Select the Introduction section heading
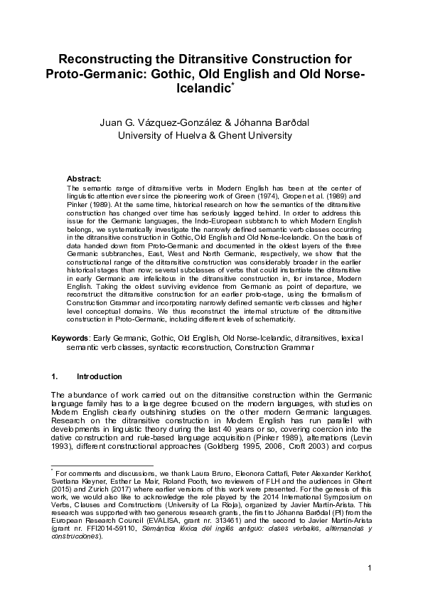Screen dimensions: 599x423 [100, 375]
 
